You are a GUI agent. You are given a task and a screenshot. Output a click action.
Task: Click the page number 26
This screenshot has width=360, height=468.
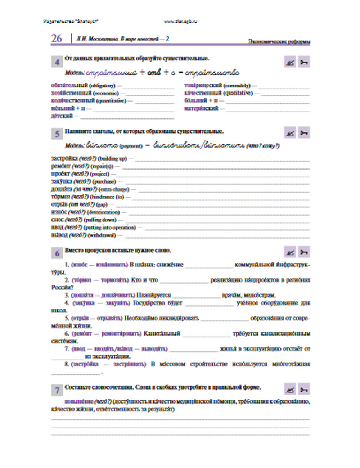point(57,39)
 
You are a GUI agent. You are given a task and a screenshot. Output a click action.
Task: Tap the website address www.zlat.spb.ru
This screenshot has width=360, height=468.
point(180,21)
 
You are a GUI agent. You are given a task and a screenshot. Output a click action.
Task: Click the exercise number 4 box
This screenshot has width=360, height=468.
point(57,62)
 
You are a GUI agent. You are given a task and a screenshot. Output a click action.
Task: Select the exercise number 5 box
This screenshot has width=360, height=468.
point(57,134)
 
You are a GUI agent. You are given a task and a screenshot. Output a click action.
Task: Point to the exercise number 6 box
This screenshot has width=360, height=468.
point(57,253)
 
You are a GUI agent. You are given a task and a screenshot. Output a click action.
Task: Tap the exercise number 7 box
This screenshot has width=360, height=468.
point(57,390)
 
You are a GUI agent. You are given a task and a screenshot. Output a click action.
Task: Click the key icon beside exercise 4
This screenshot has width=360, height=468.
point(304,62)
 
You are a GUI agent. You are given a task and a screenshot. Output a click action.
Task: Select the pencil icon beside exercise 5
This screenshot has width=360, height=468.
point(290,133)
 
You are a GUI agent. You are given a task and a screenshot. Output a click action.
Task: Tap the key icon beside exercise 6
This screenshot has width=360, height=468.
point(304,252)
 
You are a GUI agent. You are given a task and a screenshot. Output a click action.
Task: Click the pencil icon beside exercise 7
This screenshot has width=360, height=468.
point(290,390)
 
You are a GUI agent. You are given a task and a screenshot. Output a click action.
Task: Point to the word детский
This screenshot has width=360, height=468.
point(62,116)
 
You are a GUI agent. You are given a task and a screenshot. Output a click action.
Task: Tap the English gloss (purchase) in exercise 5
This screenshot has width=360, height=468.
point(104,182)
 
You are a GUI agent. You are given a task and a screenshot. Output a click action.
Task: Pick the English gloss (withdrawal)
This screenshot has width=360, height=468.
point(102,235)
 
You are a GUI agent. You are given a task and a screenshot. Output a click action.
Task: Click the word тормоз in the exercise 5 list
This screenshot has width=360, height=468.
point(61,197)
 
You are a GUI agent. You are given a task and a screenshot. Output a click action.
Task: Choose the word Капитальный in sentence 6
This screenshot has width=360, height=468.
point(162,334)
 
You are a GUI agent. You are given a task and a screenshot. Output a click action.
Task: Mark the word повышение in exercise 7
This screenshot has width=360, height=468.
point(79,401)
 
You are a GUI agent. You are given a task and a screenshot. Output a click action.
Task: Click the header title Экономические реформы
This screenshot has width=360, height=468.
point(279,41)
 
